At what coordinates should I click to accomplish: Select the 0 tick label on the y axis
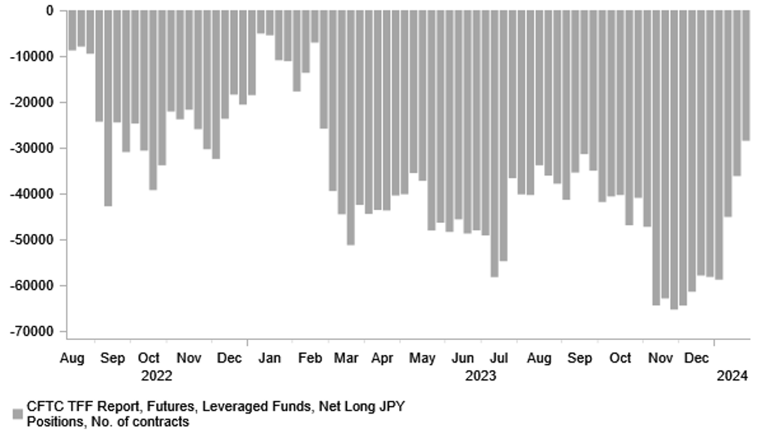click(x=50, y=11)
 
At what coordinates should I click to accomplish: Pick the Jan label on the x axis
click(x=269, y=359)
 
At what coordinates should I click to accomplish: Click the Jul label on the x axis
click(x=501, y=359)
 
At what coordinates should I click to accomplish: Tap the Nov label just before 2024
click(x=660, y=359)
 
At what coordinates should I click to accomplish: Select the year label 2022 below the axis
click(x=157, y=375)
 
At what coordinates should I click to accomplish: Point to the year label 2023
click(x=480, y=375)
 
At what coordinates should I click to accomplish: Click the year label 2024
click(x=732, y=375)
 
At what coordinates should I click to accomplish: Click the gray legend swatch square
click(x=18, y=414)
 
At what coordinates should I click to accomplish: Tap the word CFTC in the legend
click(x=44, y=407)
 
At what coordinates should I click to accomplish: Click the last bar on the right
click(x=746, y=75)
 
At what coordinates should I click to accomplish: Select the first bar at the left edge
click(x=72, y=31)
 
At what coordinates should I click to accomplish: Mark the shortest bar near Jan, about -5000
click(x=260, y=22)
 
